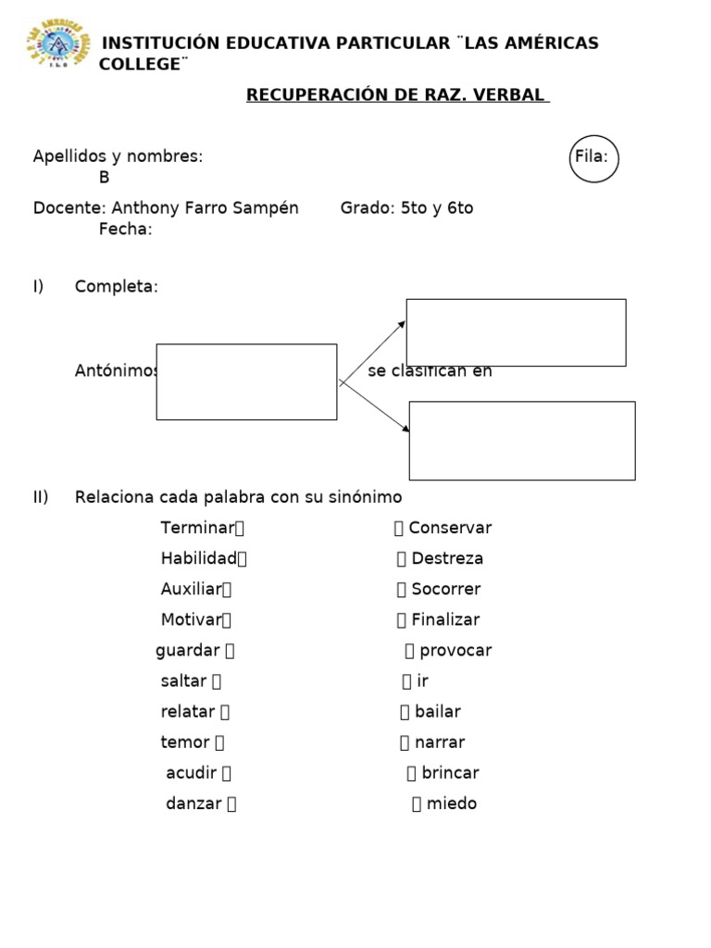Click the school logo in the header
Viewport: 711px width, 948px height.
(x=58, y=44)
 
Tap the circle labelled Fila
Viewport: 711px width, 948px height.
(x=593, y=158)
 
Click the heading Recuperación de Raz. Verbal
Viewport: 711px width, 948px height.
(x=397, y=95)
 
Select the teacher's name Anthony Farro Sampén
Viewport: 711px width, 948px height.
(x=205, y=208)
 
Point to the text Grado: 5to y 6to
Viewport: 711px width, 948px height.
(x=406, y=208)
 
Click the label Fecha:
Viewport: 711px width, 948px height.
(x=125, y=230)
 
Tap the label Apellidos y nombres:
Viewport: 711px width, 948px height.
(x=118, y=156)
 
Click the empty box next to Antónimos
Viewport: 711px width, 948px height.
(x=246, y=381)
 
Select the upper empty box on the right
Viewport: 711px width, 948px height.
(x=516, y=332)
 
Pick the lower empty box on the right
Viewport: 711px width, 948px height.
(x=522, y=441)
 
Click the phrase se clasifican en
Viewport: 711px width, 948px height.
(x=430, y=372)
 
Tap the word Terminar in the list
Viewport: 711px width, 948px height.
(x=197, y=528)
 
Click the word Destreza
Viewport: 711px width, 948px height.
(x=447, y=558)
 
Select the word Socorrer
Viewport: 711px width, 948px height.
(x=445, y=589)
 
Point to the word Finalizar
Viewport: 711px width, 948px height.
(x=445, y=619)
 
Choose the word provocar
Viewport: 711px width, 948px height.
(x=455, y=650)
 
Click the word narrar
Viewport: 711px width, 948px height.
(x=440, y=742)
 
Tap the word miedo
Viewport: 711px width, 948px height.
(x=451, y=803)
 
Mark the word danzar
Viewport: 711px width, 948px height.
(x=193, y=803)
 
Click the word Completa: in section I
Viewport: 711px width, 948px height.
(x=117, y=287)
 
